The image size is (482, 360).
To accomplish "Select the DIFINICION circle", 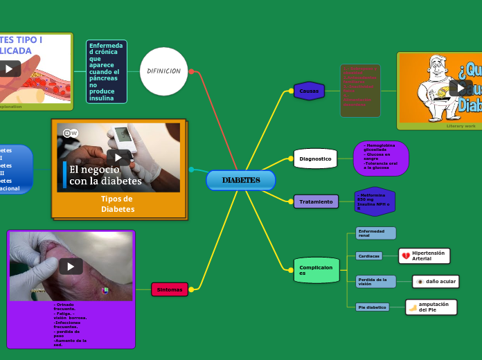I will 164,71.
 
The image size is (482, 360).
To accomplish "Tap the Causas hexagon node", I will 309,91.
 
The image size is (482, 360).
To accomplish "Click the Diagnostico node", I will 315,159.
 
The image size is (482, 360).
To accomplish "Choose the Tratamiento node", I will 316,201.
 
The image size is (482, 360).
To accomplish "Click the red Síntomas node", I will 170,289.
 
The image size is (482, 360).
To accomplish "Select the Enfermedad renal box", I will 375,233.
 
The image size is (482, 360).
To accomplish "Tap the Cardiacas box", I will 369,255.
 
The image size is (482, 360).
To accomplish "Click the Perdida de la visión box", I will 375,281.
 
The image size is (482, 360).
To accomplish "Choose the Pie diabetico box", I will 372,307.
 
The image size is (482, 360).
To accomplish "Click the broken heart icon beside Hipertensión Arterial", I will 406,256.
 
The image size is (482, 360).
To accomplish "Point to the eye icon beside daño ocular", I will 420,282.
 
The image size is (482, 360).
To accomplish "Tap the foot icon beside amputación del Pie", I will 413,307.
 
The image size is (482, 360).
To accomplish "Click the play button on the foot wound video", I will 71,266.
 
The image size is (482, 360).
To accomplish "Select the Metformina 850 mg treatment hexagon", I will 374,201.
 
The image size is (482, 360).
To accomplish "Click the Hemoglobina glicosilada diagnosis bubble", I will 381,159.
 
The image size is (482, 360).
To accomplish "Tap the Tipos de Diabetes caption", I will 118,204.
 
